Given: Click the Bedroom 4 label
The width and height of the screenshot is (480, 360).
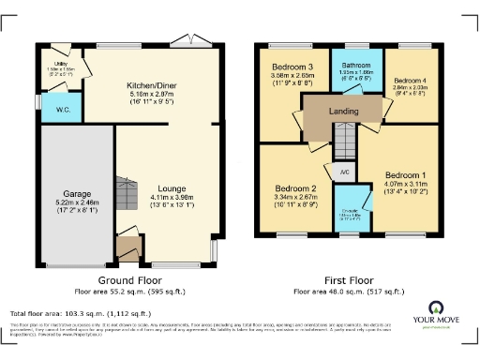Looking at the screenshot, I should coord(411,81).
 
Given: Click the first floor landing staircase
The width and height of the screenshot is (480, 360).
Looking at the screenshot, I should coord(346,142).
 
